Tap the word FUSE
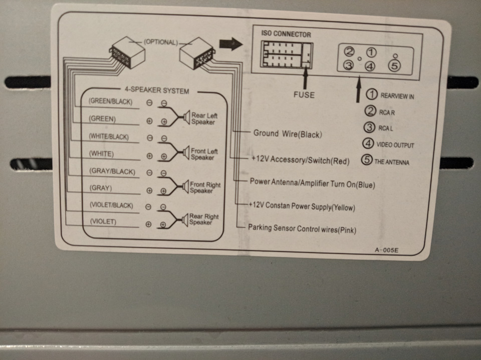pyautogui.click(x=304, y=95)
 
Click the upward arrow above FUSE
pyautogui.click(x=305, y=79)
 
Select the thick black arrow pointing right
pyautogui.click(x=230, y=44)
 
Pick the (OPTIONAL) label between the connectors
pyautogui.click(x=161, y=42)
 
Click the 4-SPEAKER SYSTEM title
pyautogui.click(x=156, y=90)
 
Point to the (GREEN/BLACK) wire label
pyautogui.click(x=110, y=102)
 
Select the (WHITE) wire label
pyautogui.click(x=101, y=154)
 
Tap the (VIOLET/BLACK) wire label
pyautogui.click(x=111, y=205)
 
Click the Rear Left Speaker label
pyautogui.click(x=204, y=119)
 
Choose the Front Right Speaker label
pyautogui.click(x=205, y=187)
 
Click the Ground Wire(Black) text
pyautogui.click(x=288, y=134)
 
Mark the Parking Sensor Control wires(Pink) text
pyautogui.click(x=302, y=229)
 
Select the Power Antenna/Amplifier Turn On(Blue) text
pyautogui.click(x=312, y=183)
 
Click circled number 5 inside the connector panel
pyautogui.click(x=394, y=66)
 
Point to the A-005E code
pyautogui.click(x=386, y=250)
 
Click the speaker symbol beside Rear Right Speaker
pyautogui.click(x=185, y=220)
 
